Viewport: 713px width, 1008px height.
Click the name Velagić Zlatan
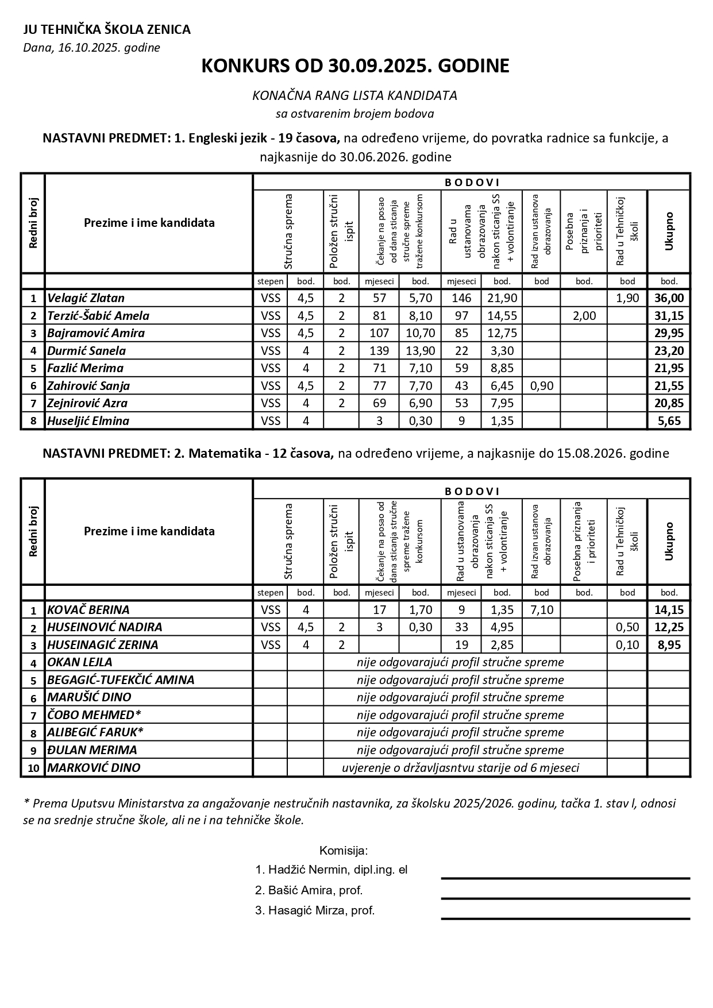pos(86,298)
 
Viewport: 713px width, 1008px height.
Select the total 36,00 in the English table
pos(669,298)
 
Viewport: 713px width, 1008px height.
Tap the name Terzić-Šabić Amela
pos(98,316)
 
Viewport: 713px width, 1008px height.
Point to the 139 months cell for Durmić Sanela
pos(379,351)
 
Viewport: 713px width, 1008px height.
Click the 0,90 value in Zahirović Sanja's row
pos(541,386)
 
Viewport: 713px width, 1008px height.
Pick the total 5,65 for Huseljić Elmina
pos(669,421)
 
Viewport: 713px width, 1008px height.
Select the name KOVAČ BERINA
pos(88,610)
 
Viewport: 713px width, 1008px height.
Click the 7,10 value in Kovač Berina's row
pos(541,610)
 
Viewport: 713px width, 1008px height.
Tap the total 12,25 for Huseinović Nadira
pos(669,627)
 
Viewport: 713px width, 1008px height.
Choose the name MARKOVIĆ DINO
pos(94,768)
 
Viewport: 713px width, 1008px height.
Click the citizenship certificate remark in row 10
pos(460,768)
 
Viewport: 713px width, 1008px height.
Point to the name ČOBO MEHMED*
pos(94,715)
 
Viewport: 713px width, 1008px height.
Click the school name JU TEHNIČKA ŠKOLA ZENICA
pos(107,30)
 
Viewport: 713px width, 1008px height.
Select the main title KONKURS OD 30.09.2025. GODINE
pos(355,66)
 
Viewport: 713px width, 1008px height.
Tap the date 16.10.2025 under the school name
pos(91,48)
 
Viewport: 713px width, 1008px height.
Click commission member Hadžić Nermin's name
pos(331,870)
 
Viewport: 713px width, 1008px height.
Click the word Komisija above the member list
pos(343,851)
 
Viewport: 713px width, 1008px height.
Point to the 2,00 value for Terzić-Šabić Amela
pos(584,316)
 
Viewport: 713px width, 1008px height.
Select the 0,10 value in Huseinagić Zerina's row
pos(627,645)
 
